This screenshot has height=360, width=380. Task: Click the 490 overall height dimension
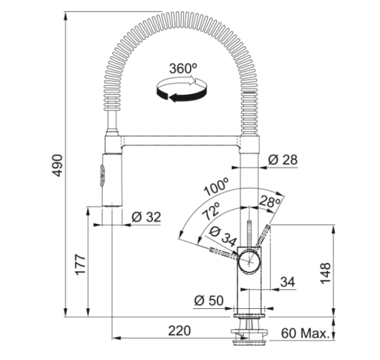(58, 166)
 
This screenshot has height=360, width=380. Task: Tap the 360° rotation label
(183, 69)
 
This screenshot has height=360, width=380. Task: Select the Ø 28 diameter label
(283, 160)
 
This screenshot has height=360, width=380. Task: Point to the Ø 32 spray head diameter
(146, 217)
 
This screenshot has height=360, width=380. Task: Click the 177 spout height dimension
(80, 264)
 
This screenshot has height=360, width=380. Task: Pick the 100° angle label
(216, 187)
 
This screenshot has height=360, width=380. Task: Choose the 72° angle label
(212, 211)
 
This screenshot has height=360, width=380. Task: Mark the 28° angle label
(270, 202)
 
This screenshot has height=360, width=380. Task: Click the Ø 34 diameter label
(222, 236)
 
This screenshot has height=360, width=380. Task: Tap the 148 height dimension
(326, 272)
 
